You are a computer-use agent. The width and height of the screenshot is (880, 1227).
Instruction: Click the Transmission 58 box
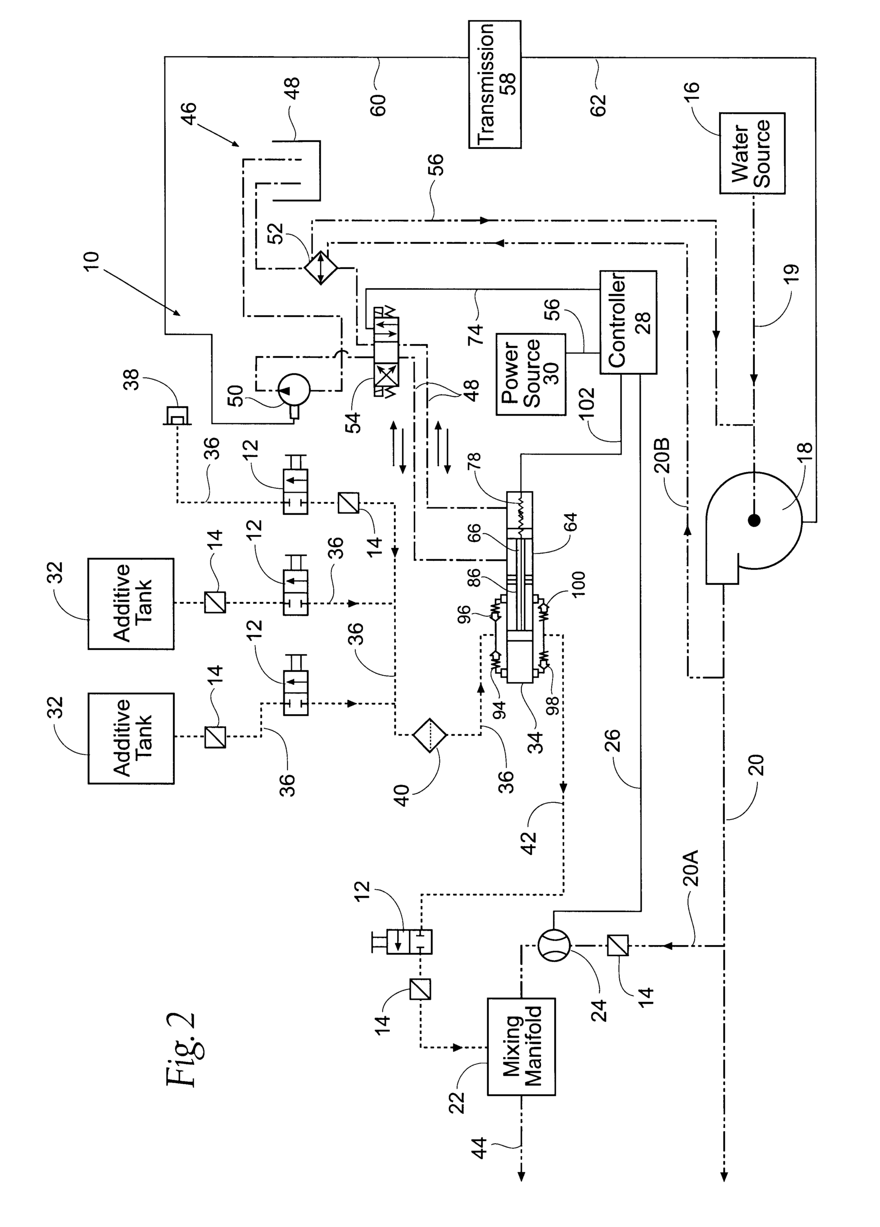point(494,84)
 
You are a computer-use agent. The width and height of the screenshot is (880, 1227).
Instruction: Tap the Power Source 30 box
point(531,374)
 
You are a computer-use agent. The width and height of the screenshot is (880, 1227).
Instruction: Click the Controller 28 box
point(628,322)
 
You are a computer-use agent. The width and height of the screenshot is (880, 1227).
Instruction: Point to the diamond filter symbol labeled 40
point(429,735)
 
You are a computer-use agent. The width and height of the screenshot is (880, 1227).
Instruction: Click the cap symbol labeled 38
point(177,416)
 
